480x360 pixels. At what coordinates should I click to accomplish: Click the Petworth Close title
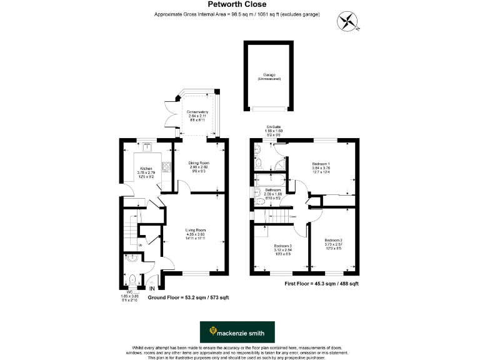pos(239,4)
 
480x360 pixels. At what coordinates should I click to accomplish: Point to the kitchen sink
pos(147,148)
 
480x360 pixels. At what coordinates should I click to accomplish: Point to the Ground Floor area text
pos(187,297)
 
